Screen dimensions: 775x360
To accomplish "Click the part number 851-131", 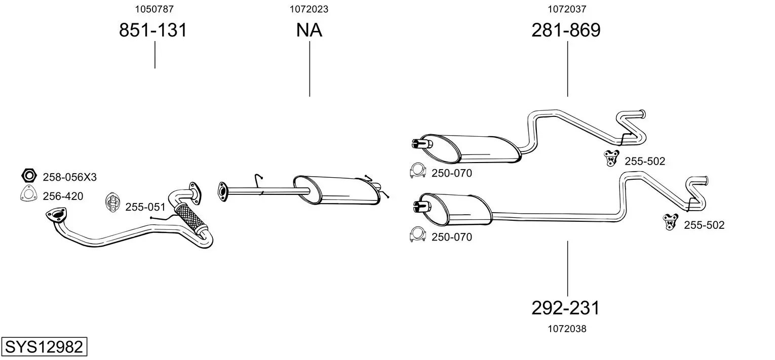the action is (x=153, y=30).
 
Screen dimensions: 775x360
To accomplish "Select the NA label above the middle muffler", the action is (x=309, y=30).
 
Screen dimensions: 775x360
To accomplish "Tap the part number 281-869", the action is (x=566, y=30).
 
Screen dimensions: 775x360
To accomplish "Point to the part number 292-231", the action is (x=565, y=308).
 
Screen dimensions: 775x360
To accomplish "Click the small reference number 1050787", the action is (x=154, y=9).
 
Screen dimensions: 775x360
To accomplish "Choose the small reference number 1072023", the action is (x=309, y=9).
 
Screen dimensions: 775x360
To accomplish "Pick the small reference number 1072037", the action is (x=567, y=9).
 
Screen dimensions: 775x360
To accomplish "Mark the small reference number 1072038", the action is (x=567, y=329).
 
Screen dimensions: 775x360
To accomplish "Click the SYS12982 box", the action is (x=44, y=347).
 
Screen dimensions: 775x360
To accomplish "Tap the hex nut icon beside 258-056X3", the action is (x=29, y=176).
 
